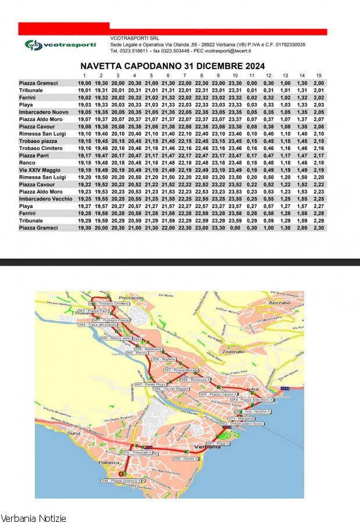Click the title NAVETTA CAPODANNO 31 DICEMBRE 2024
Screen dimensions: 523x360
tap(173, 66)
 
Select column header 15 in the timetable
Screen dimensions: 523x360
tap(319, 76)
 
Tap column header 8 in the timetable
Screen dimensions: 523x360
tap(202, 76)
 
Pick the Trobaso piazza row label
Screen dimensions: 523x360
tap(38, 141)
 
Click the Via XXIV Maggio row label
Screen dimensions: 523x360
tap(40, 170)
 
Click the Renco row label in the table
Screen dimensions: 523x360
tap(28, 163)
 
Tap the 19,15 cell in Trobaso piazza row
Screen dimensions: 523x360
tap(84, 141)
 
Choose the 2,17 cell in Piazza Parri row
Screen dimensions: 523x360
tap(319, 156)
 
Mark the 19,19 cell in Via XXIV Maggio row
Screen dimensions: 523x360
tap(84, 170)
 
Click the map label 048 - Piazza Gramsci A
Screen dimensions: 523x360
tap(121, 481)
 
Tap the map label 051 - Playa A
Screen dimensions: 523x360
tap(219, 443)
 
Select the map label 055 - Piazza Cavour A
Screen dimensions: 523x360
tap(216, 394)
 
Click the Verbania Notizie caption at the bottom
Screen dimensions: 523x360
tap(33, 518)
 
